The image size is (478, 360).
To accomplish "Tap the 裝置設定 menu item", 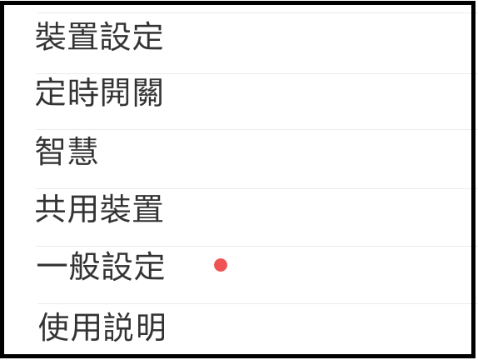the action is pyautogui.click(x=99, y=36).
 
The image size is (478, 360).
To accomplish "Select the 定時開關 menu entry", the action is pyautogui.click(x=99, y=92).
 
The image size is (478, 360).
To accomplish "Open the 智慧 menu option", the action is pyautogui.click(x=67, y=150).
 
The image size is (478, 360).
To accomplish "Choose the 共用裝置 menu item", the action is pyautogui.click(x=99, y=209).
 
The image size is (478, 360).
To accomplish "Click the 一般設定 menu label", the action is pyautogui.click(x=101, y=266).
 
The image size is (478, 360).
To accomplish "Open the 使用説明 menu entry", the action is pyautogui.click(x=102, y=327).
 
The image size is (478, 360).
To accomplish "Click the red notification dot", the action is pyautogui.click(x=221, y=265).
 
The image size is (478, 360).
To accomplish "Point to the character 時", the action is pyautogui.click(x=83, y=92).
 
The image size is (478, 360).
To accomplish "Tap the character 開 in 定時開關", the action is pyautogui.click(x=115, y=92).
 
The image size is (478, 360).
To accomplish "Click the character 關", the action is pyautogui.click(x=147, y=92).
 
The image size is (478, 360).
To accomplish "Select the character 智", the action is pyautogui.click(x=50, y=150).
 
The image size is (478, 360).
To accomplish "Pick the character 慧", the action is pyautogui.click(x=82, y=150).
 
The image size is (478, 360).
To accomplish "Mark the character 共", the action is pyautogui.click(x=50, y=209).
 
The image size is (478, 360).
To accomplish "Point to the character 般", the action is pyautogui.click(x=84, y=266).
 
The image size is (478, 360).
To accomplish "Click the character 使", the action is pyautogui.click(x=54, y=327).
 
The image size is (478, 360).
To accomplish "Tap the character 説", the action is pyautogui.click(x=118, y=327).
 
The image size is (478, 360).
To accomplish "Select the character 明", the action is pyautogui.click(x=151, y=327).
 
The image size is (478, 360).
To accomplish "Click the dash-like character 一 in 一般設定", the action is pyautogui.click(x=52, y=266).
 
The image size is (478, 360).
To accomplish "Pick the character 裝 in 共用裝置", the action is pyautogui.click(x=115, y=209).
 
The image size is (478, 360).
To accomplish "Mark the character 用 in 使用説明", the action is pyautogui.click(x=87, y=327).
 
